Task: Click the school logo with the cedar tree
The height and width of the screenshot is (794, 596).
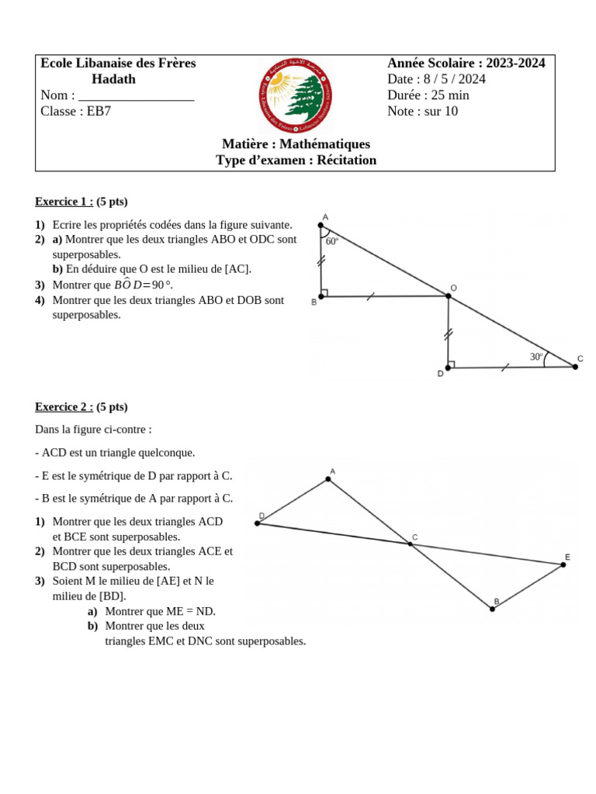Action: tap(294, 95)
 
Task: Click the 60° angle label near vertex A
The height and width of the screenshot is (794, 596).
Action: tap(332, 241)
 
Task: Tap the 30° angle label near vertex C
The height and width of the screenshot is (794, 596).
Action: tap(536, 357)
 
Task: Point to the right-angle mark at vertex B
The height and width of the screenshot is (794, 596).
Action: tap(324, 293)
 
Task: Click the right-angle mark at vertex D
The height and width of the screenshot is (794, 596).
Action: tap(452, 364)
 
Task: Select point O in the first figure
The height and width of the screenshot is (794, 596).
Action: tap(449, 295)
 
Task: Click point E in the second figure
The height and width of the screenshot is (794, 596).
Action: tap(563, 564)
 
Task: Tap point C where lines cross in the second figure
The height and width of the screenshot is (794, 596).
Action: tap(411, 544)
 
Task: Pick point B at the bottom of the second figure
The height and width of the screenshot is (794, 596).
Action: tap(492, 609)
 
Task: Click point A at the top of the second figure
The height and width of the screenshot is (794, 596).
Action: tap(328, 479)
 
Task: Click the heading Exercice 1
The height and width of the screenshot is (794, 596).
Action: tap(64, 202)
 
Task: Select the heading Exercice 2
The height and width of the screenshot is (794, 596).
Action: tap(64, 406)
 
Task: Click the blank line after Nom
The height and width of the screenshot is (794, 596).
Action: tap(136, 96)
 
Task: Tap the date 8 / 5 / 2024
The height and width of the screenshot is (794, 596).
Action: tap(454, 79)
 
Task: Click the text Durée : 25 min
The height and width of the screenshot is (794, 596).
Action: tap(428, 95)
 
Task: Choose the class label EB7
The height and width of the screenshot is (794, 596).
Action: tap(99, 112)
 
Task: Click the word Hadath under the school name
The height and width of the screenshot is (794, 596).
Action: tap(113, 79)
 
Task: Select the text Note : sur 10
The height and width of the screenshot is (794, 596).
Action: tap(422, 112)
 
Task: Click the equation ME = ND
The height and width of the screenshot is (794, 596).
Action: tap(188, 611)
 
